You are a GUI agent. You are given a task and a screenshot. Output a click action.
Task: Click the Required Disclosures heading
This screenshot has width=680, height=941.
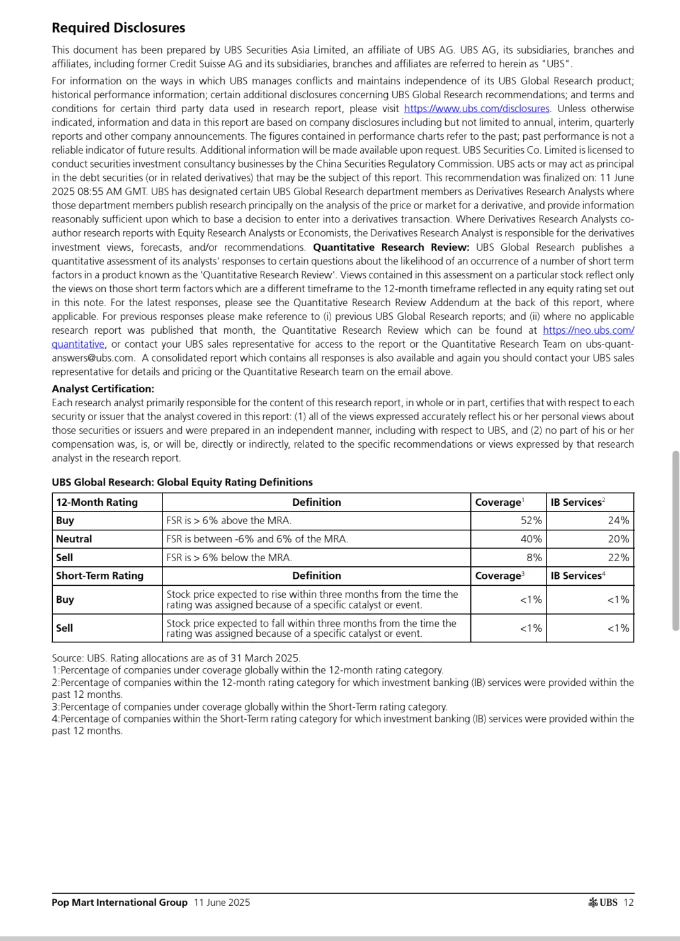(x=118, y=28)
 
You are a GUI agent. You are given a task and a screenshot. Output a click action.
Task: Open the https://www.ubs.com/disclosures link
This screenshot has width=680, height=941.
(x=477, y=108)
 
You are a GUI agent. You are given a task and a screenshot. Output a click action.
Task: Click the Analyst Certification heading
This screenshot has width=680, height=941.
(x=103, y=389)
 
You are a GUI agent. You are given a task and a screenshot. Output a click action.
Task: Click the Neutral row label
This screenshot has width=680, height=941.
(x=74, y=539)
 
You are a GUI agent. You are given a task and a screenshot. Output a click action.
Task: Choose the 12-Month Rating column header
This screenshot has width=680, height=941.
(x=97, y=502)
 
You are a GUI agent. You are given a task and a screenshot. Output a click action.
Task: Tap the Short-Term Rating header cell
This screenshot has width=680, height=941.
(x=99, y=576)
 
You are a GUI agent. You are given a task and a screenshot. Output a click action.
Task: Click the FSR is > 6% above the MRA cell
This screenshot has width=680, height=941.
(x=229, y=520)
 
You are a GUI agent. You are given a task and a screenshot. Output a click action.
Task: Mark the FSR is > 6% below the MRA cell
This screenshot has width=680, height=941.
(x=229, y=557)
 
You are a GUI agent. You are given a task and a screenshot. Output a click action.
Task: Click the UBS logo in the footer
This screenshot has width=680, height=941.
(x=603, y=903)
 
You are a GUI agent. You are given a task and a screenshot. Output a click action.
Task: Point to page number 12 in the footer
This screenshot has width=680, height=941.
(x=628, y=903)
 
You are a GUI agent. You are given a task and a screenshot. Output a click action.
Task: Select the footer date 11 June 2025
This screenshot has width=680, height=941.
(x=222, y=903)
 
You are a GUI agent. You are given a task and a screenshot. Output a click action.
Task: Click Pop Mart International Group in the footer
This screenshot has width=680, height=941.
(x=120, y=903)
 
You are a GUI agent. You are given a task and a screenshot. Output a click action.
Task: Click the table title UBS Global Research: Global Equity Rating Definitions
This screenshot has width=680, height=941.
(x=182, y=482)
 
